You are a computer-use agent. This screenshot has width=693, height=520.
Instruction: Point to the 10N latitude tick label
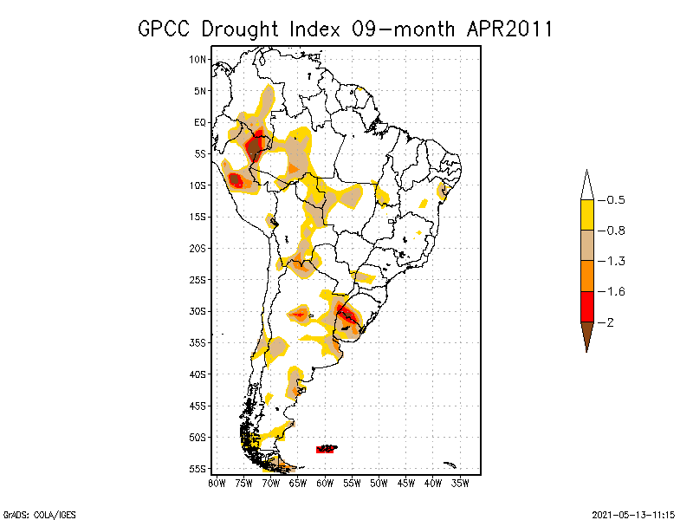point(198,59)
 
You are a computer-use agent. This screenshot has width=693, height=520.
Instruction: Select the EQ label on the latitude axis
point(199,122)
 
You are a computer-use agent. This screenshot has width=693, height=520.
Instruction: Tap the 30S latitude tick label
point(198,311)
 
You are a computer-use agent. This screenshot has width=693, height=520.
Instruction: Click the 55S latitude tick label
point(198,469)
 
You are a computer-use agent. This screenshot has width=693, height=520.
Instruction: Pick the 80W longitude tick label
point(217,484)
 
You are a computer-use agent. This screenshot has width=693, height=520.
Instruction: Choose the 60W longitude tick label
point(325,484)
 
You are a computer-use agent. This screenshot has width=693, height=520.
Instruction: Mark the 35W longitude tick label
point(460,484)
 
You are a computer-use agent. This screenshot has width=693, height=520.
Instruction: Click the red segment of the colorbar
point(586,306)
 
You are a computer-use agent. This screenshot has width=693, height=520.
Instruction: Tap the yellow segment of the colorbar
point(586,215)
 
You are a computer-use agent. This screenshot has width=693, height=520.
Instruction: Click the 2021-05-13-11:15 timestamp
point(633,513)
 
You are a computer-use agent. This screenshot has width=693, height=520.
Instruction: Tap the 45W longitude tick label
point(406,484)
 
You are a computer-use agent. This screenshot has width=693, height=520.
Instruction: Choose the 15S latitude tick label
point(198,217)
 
